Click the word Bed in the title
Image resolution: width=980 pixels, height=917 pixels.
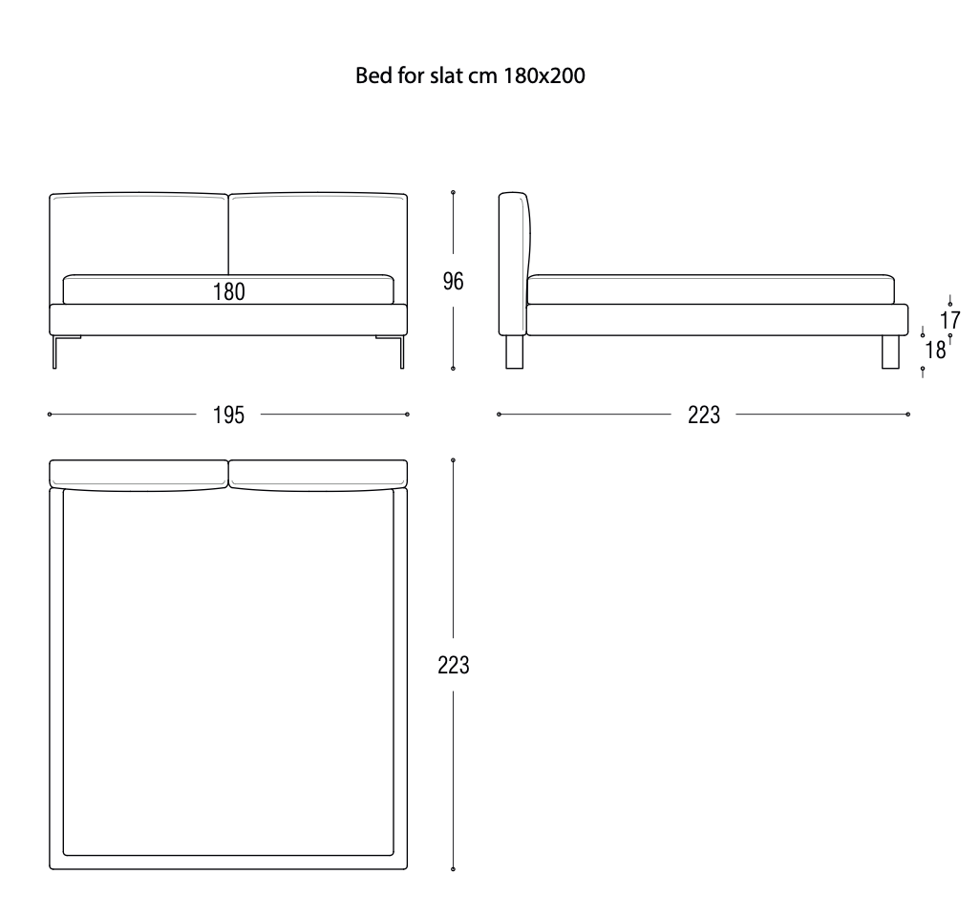(371, 76)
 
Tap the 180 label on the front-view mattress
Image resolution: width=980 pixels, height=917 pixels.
(229, 292)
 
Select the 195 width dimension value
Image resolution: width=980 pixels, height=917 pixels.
(229, 415)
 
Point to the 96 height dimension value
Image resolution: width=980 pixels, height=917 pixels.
(453, 281)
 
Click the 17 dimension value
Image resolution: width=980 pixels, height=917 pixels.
(949, 319)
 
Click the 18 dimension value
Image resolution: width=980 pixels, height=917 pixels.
(935, 350)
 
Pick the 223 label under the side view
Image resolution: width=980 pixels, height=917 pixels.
(704, 415)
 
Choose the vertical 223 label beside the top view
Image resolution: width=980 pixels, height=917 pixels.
(453, 665)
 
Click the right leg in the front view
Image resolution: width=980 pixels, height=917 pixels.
(398, 351)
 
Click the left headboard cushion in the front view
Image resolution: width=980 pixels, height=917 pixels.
(139, 234)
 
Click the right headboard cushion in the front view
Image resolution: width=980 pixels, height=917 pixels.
(318, 234)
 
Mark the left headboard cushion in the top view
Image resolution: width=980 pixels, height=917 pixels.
(139, 474)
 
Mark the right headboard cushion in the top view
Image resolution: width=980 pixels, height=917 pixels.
(318, 474)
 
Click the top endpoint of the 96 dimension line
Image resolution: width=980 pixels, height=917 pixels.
(453, 192)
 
